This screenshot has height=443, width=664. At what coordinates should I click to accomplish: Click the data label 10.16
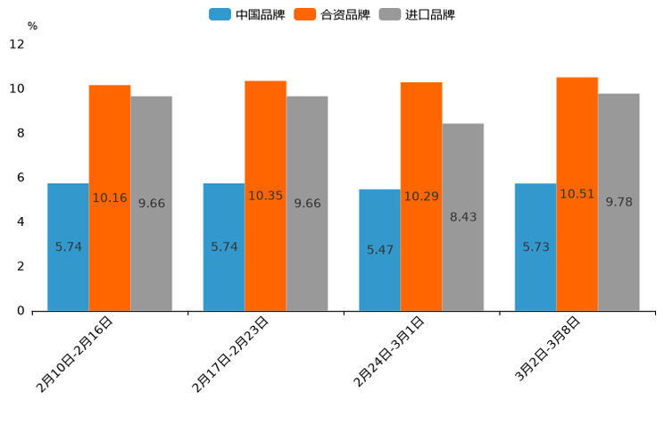[x=110, y=197]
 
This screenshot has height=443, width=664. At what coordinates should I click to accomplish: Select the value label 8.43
[x=463, y=217]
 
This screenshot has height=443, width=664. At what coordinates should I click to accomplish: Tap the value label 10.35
[x=265, y=196]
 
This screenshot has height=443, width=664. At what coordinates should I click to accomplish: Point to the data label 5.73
[x=535, y=247]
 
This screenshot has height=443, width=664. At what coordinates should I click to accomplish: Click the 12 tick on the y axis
[x=17, y=45]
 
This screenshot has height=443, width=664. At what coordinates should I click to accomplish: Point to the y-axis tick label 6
[x=21, y=178]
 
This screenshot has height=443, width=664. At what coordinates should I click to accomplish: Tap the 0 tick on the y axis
[x=21, y=311]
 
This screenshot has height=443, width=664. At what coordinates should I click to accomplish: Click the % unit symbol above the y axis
[x=32, y=26]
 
